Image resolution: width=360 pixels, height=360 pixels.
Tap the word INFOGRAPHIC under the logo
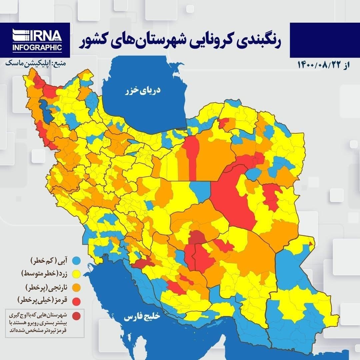[37, 48]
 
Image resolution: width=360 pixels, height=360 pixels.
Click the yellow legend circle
[77, 274]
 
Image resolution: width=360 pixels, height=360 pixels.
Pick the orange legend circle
[77, 287]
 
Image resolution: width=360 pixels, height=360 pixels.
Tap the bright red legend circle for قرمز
[77, 301]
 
